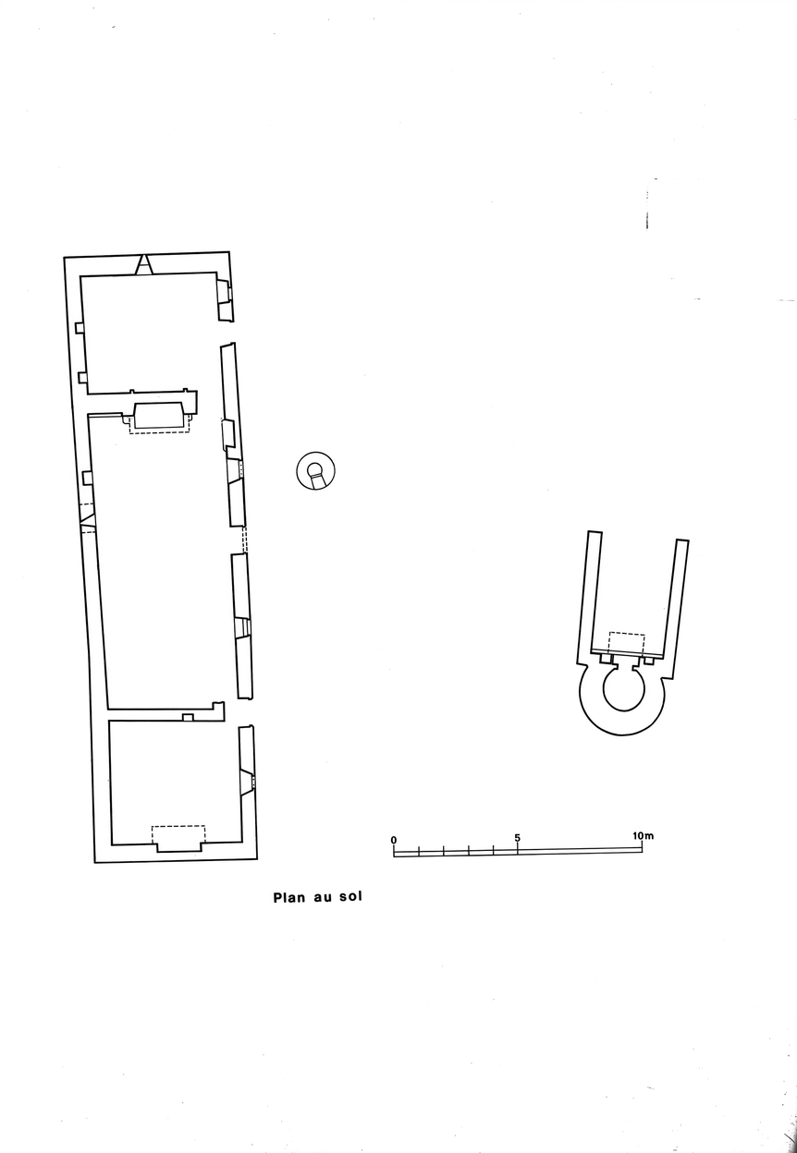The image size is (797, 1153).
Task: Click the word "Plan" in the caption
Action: pos(289,898)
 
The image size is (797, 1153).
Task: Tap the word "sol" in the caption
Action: pos(350,896)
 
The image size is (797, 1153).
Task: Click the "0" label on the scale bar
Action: pos(394,840)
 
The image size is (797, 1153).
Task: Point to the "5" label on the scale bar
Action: pos(517,837)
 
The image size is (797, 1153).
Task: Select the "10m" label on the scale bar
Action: pos(643,835)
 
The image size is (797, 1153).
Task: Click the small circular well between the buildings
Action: pos(316,471)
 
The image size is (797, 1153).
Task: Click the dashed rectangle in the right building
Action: pos(627,642)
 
